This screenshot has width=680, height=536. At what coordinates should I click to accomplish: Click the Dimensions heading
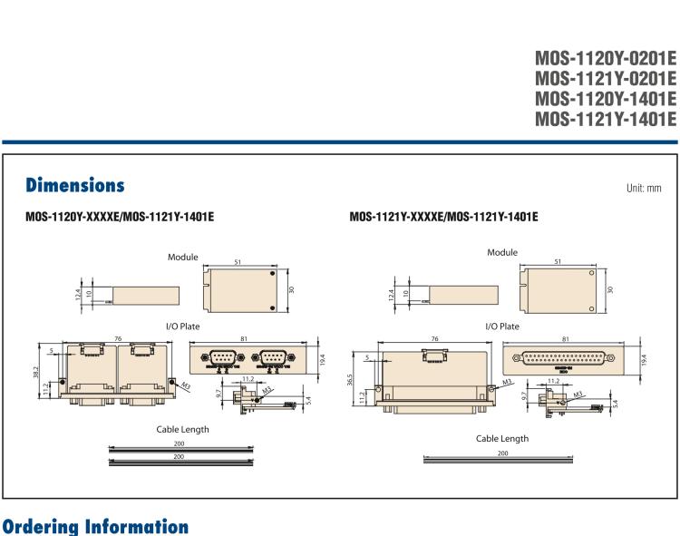click(75, 186)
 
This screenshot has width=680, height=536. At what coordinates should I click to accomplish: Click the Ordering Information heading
click(95, 527)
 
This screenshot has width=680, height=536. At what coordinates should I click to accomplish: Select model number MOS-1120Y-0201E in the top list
click(606, 59)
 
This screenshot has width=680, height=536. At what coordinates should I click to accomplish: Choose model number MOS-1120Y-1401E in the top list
click(606, 99)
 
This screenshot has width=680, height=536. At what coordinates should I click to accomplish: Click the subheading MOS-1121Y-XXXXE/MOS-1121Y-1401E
click(443, 218)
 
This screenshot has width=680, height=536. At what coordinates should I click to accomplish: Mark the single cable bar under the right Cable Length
click(501, 460)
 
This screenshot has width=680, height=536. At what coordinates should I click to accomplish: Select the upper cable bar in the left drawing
click(180, 447)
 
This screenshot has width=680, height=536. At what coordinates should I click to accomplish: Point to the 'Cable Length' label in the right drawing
click(502, 438)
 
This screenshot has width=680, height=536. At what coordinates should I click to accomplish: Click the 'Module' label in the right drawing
click(502, 252)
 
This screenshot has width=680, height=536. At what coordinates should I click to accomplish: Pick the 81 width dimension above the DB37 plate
click(566, 340)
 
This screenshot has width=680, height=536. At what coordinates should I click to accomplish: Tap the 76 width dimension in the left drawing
click(119, 339)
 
